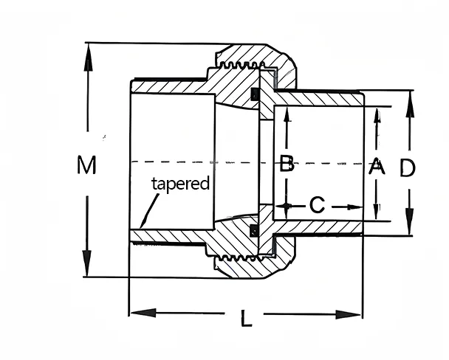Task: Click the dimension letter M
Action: (87, 165)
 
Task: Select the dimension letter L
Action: (247, 319)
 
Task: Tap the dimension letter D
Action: (408, 168)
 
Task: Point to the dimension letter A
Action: (377, 166)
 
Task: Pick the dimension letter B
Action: (287, 164)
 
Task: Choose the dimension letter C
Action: (316, 205)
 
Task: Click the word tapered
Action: (181, 183)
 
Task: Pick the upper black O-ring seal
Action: (256, 94)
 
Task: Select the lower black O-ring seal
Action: (256, 230)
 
